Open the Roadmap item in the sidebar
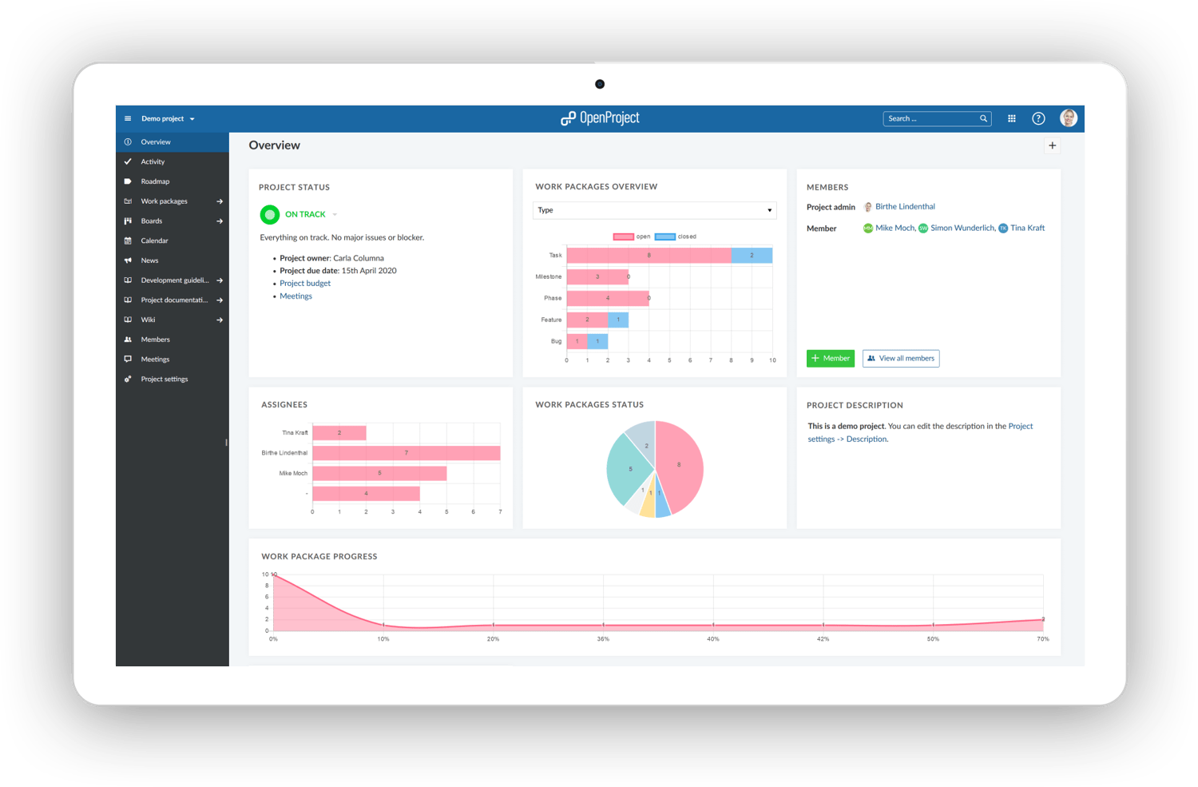point(155,181)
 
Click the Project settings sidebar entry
point(164,380)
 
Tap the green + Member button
point(831,359)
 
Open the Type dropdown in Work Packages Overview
point(654,210)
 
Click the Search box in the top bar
point(931,118)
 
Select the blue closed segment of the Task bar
point(752,256)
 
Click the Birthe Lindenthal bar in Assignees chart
point(406,453)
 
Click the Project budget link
point(305,284)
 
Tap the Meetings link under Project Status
point(296,296)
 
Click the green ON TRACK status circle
point(270,214)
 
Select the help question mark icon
point(1038,118)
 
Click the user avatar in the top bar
point(1069,118)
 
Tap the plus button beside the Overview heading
point(1052,145)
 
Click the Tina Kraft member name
point(1027,229)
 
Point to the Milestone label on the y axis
point(549,277)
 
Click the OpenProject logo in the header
point(601,118)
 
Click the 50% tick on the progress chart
point(933,639)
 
